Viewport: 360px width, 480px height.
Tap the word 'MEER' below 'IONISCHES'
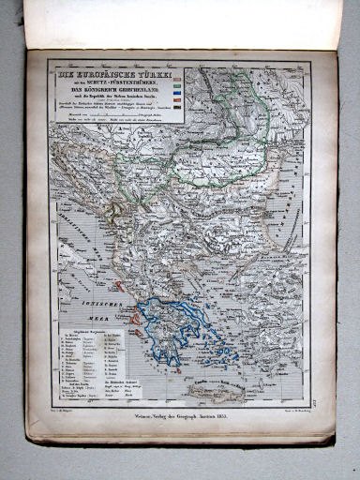coord(97,315)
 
